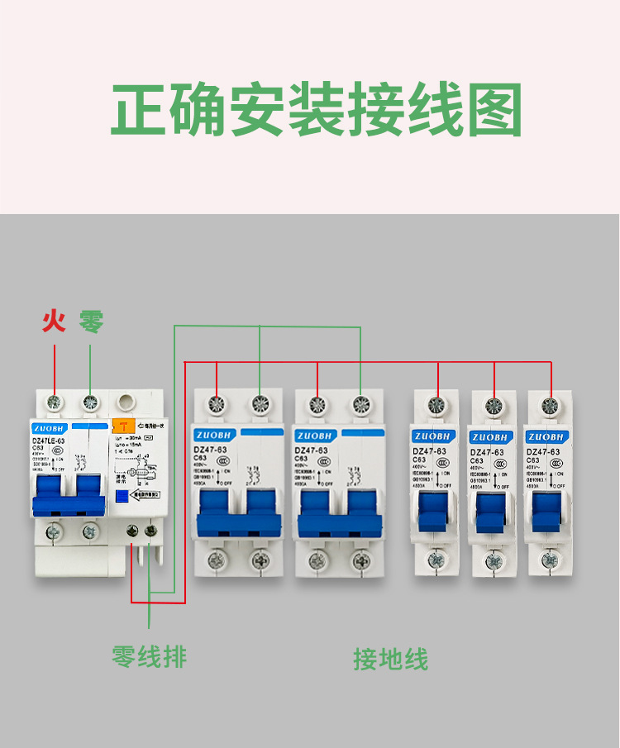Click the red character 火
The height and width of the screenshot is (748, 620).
coord(55,321)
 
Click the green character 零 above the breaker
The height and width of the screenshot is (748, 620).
coord(91,321)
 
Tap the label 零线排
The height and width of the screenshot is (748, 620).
coord(150,657)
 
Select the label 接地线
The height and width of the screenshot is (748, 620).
coord(391,660)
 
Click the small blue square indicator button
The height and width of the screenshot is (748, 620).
coord(122,496)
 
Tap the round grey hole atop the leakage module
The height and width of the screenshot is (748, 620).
coord(126,403)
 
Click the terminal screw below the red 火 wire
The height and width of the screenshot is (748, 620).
coord(55,403)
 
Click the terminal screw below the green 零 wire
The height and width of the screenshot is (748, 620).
coord(90,403)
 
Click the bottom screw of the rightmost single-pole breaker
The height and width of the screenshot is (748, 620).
coord(549,560)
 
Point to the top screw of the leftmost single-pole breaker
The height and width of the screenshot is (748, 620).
coord(437,406)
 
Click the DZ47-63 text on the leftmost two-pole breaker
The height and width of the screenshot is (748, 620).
coord(210,450)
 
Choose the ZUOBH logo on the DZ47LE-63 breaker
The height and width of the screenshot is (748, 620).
coord(51,429)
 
